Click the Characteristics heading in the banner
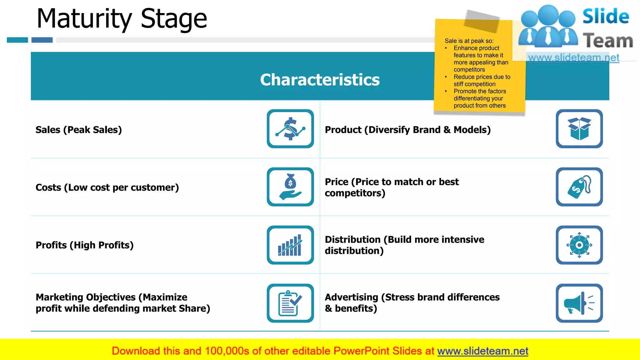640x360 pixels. point(320,80)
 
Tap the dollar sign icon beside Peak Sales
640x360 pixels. point(290,129)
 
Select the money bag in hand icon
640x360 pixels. point(290,187)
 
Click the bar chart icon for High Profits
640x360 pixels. point(290,245)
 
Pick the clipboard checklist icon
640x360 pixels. point(290,303)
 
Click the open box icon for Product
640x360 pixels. point(579,129)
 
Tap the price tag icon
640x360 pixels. point(579,187)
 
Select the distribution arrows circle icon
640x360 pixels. point(579,245)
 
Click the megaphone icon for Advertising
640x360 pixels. point(579,303)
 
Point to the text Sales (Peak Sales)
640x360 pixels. point(79,130)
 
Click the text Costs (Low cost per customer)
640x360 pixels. point(107,187)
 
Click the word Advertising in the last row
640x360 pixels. point(352,297)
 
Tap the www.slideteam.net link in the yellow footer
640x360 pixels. point(482,351)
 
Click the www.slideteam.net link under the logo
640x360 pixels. point(573,58)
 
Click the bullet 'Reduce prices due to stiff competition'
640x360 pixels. point(482,80)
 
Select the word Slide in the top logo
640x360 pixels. point(606,16)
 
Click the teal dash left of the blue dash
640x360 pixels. point(17,40)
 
